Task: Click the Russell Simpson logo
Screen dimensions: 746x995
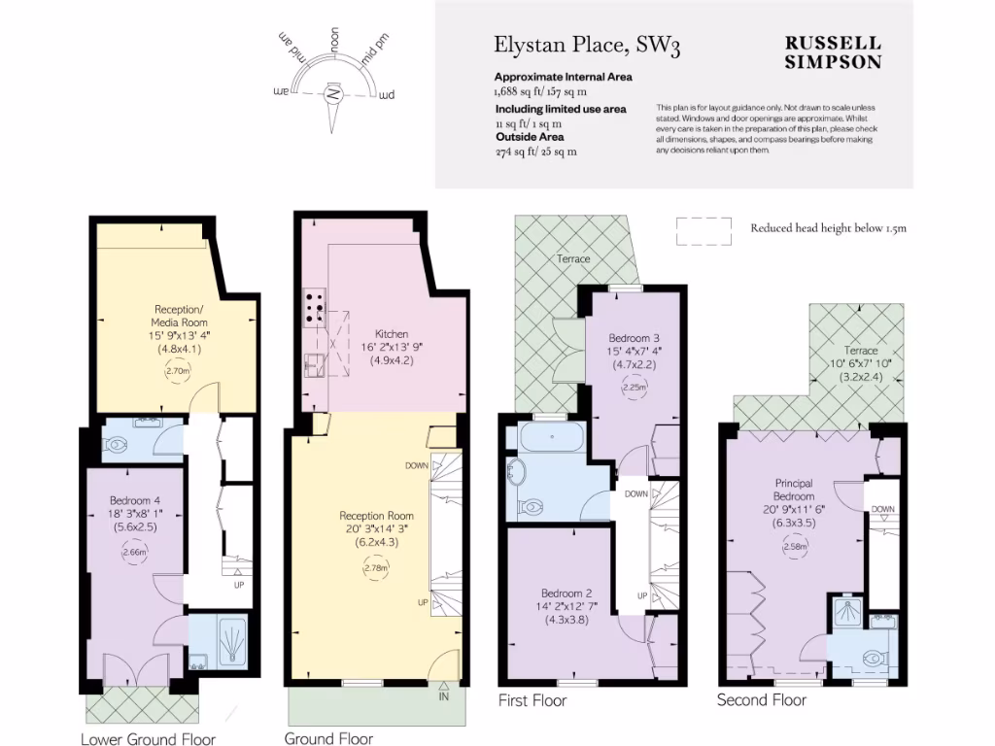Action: [833, 52]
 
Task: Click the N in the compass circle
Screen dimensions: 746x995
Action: [333, 94]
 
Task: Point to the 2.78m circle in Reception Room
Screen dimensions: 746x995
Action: [377, 567]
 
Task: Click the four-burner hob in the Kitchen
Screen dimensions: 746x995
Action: [314, 306]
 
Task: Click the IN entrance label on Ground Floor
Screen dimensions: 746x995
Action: [444, 696]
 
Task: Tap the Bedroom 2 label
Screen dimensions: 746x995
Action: [566, 593]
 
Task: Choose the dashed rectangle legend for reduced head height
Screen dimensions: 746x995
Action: [704, 229]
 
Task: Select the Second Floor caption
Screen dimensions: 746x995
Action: [761, 699]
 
